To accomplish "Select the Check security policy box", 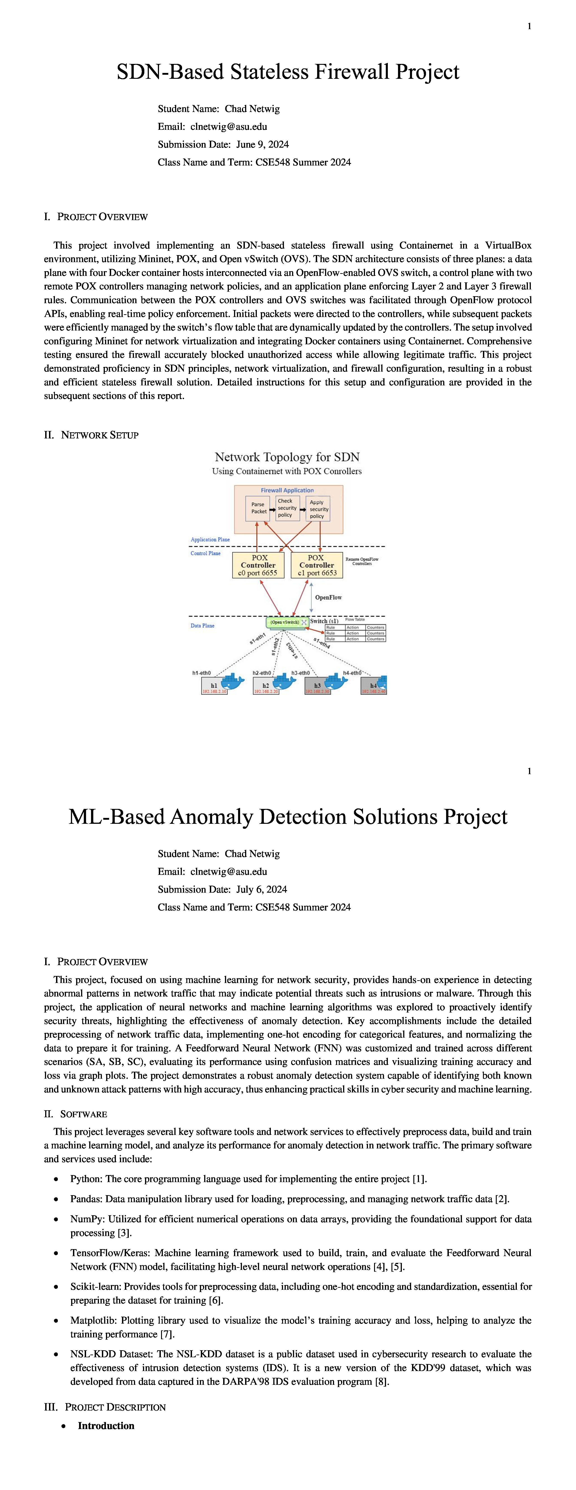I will pos(287,508).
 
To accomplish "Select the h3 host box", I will pos(317,685).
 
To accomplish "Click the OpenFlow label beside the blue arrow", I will pos(328,598).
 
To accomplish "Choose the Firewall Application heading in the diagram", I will pos(287,491).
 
